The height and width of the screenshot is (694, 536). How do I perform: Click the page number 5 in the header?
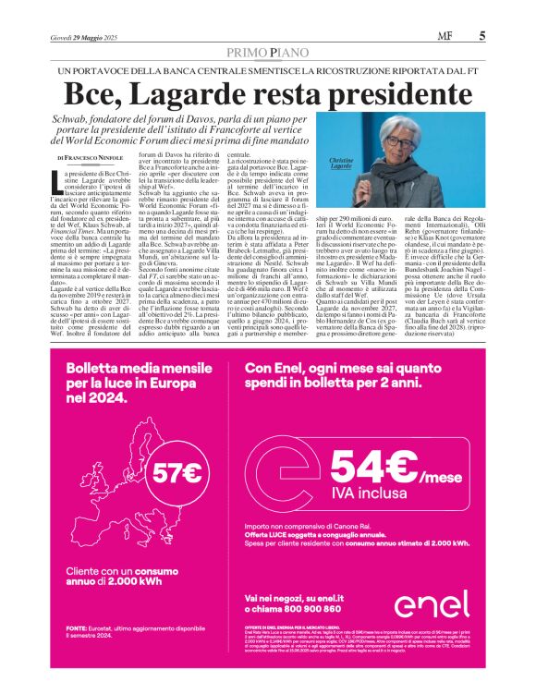click(482, 37)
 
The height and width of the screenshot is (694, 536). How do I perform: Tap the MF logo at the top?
click(458, 37)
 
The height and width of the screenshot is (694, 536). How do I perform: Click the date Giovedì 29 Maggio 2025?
click(84, 37)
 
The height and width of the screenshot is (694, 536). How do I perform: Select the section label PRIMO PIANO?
click(268, 55)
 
